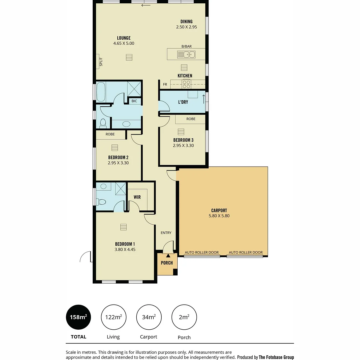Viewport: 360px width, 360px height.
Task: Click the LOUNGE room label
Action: [123, 38]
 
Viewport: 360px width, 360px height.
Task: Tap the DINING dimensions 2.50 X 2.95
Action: [186, 27]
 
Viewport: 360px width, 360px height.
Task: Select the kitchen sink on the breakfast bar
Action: [186, 54]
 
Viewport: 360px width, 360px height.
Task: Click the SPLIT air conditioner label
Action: [101, 62]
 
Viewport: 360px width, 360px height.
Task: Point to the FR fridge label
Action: [165, 85]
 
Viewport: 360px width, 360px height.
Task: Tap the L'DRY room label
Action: [183, 102]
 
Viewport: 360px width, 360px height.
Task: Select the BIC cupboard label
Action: [134, 101]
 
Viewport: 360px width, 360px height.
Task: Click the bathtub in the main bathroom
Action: [101, 92]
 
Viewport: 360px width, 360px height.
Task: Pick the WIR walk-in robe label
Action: [137, 197]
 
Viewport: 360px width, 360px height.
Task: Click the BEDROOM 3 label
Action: [183, 140]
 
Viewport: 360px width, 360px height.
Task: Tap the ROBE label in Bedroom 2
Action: [110, 134]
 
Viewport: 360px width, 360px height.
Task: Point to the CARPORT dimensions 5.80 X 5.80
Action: [219, 216]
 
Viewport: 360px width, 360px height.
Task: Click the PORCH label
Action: [167, 263]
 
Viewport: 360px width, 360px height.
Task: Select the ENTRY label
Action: [166, 233]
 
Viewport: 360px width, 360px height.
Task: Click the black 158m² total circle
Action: [79, 317]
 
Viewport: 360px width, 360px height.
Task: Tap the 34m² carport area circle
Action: [149, 317]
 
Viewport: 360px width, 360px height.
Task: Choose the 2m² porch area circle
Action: [184, 317]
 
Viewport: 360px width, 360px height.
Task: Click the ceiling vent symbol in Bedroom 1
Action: [124, 227]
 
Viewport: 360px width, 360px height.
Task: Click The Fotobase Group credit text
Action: [276, 357]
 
